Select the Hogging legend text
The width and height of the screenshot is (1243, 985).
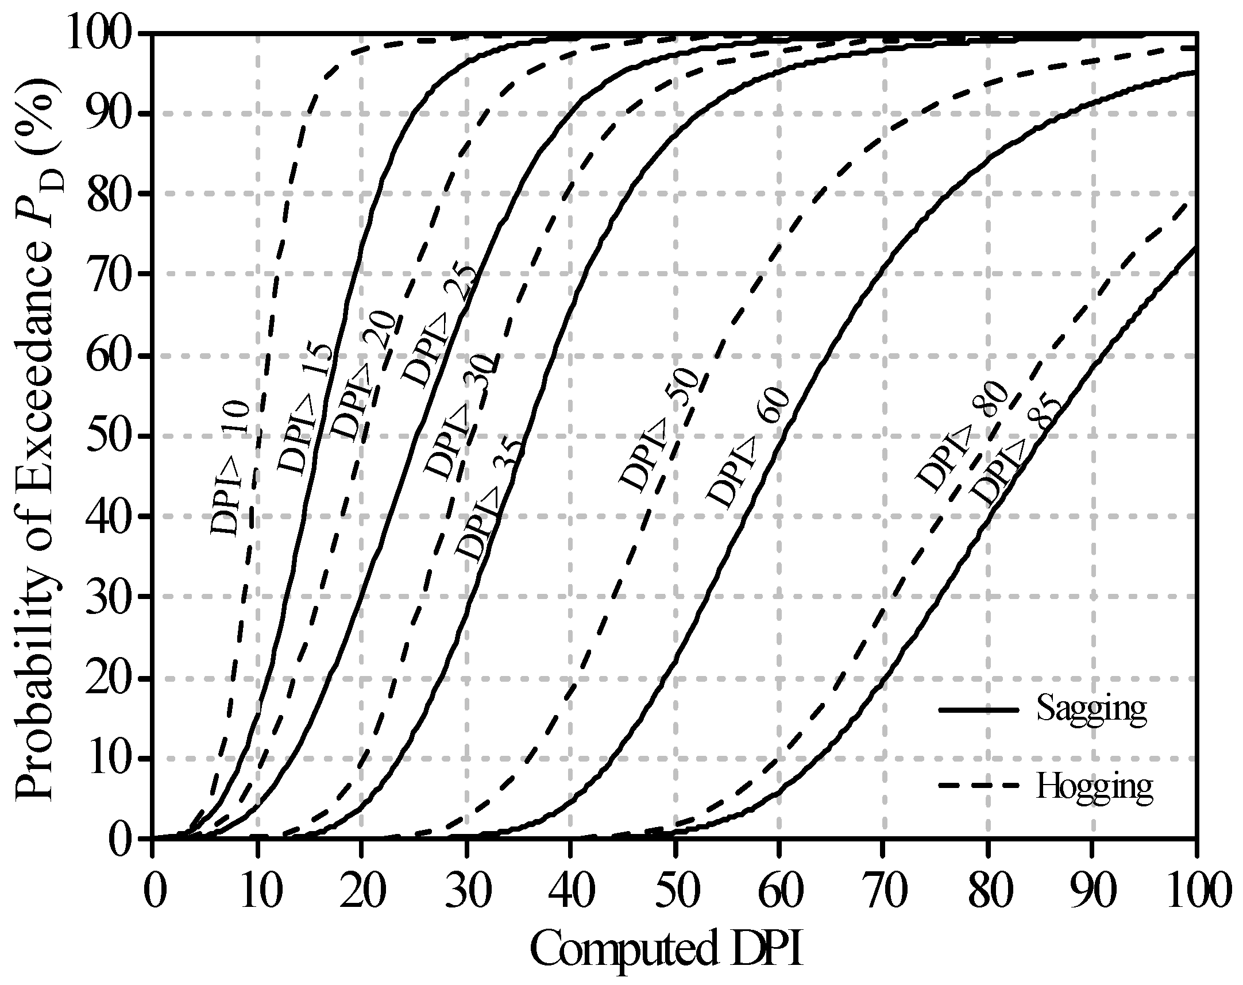click(x=1094, y=786)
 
